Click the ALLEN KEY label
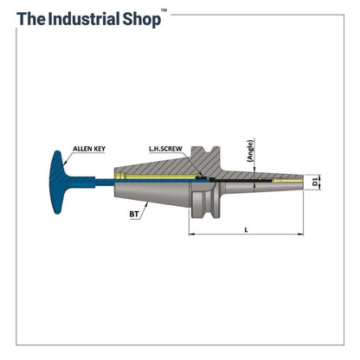click(x=89, y=149)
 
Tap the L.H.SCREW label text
click(x=165, y=149)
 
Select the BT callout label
click(x=134, y=214)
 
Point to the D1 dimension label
click(x=315, y=182)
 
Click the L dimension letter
click(x=246, y=229)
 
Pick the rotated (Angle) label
click(x=250, y=151)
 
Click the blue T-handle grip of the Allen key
click(x=59, y=183)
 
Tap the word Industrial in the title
click(x=84, y=19)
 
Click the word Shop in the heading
click(x=142, y=20)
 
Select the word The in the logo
click(x=31, y=19)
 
